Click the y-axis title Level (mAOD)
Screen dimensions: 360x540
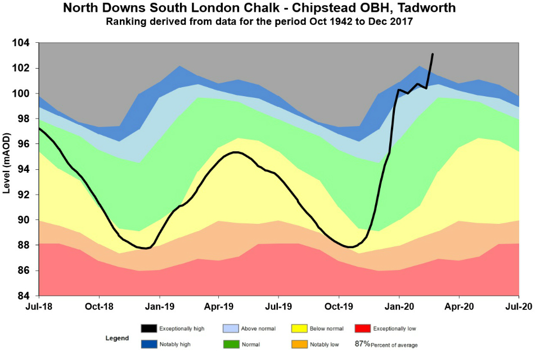coord(7,169)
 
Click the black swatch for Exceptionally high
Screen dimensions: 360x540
coord(149,328)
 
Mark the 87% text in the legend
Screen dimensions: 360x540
coord(362,343)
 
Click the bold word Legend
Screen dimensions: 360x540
coord(117,339)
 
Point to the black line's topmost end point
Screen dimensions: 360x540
coord(433,54)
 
